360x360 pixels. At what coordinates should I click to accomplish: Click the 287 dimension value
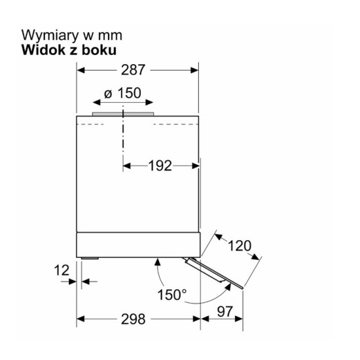click(133, 70)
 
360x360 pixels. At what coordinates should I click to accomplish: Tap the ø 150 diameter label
click(122, 93)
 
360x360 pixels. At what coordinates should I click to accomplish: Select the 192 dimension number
click(160, 166)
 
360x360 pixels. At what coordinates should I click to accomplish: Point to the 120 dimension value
click(240, 245)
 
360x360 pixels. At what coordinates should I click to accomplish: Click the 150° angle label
click(172, 295)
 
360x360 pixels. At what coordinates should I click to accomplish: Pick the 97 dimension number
click(225, 312)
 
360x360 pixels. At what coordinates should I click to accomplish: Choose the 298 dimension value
click(133, 319)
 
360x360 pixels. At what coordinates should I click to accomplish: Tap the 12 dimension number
click(62, 270)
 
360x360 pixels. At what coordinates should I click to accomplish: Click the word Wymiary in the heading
click(50, 36)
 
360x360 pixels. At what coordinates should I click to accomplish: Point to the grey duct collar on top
click(123, 114)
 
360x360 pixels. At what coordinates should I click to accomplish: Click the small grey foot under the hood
click(90, 259)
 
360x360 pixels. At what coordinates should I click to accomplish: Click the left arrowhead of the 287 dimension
click(81, 70)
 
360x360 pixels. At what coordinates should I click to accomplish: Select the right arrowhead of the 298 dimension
click(196, 319)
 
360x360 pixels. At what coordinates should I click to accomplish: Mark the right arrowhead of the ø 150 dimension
click(149, 102)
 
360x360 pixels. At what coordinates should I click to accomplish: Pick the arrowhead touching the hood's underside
click(157, 262)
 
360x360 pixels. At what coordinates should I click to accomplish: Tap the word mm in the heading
click(110, 36)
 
